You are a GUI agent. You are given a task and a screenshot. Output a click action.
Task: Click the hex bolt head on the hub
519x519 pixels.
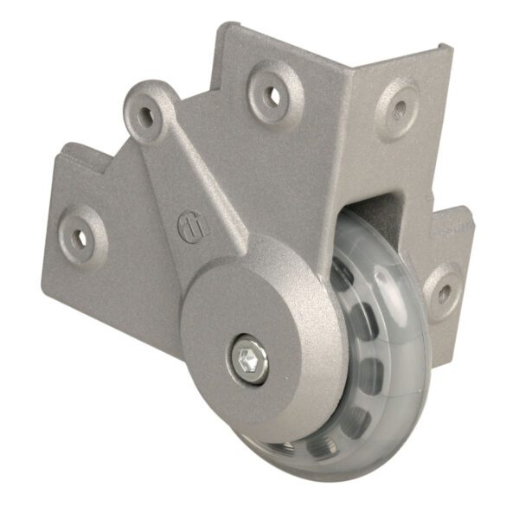[x=249, y=357]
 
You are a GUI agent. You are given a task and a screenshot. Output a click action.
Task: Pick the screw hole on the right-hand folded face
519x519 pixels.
[x=400, y=109]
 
